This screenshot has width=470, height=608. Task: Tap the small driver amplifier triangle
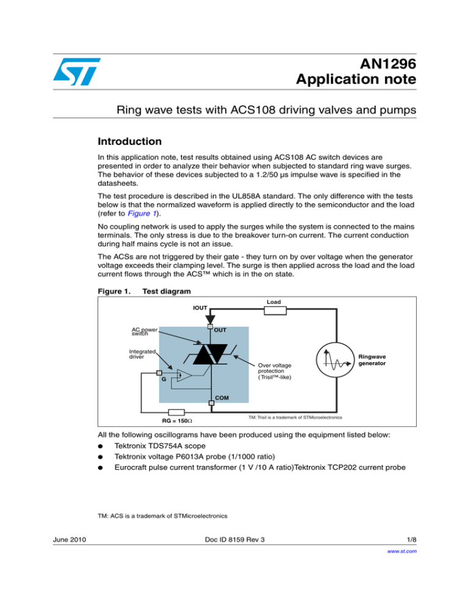tap(181, 375)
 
